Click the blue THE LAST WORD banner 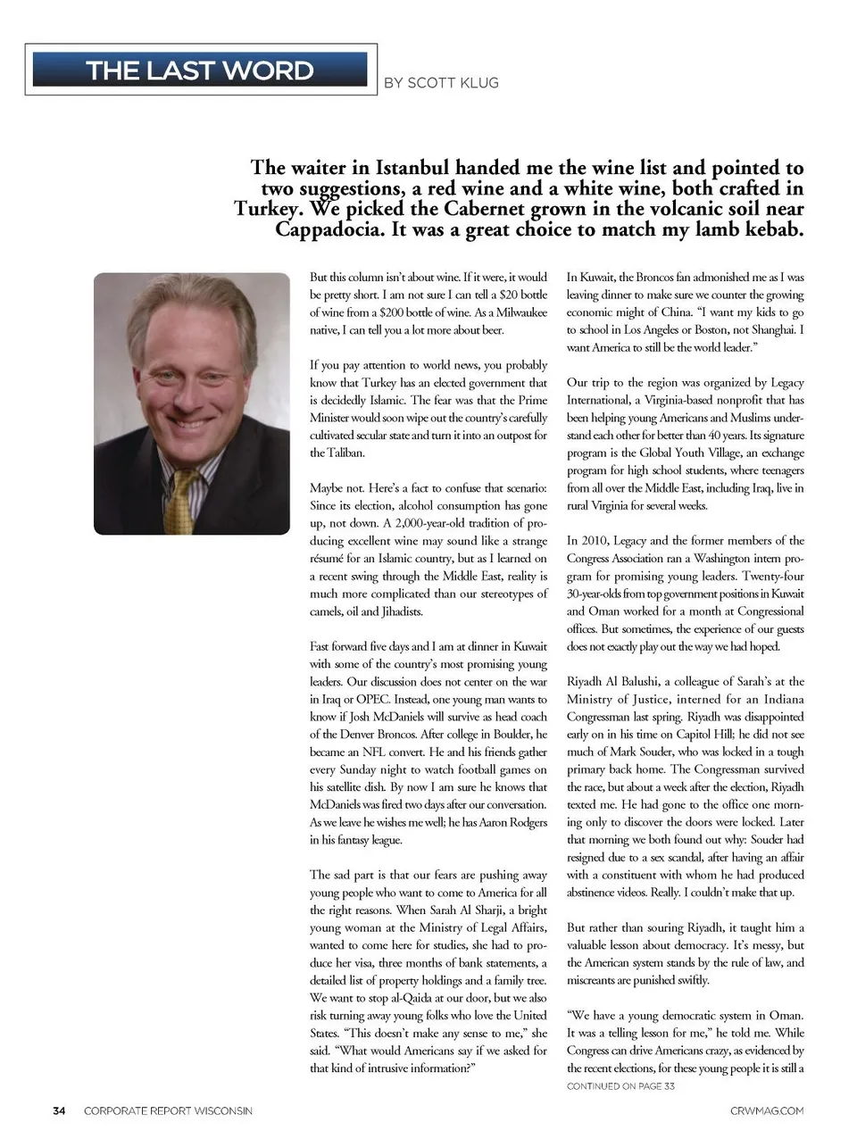point(199,70)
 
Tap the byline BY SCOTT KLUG point(441,83)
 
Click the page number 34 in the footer point(59,1110)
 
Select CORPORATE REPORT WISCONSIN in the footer point(168,1110)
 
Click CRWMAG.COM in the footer point(766,1110)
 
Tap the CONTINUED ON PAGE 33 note point(620,1086)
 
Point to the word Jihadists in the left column point(400,611)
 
